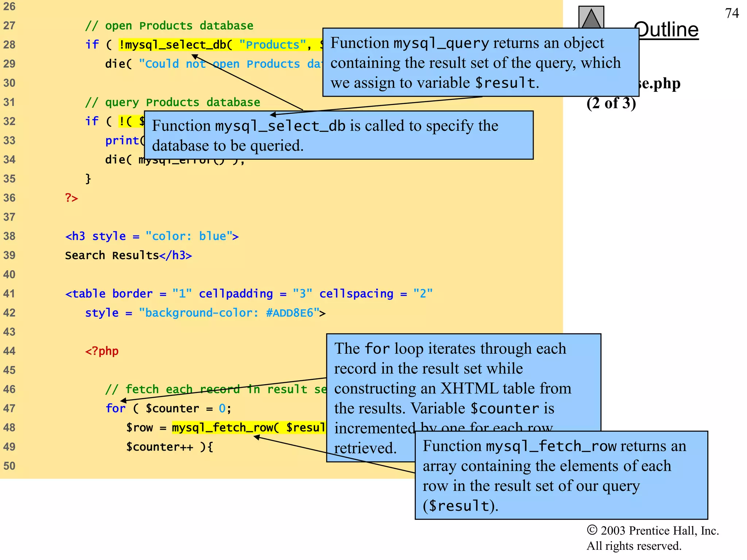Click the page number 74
[x=732, y=13]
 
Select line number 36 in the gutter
[x=9, y=198]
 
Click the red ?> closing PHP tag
[x=71, y=198]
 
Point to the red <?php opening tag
[x=102, y=351]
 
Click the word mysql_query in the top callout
[x=441, y=44]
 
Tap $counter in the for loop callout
[x=504, y=409]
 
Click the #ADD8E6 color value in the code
[x=290, y=313]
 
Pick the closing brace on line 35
[x=88, y=179]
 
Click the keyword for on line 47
[x=115, y=408]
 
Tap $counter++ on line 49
[x=159, y=447]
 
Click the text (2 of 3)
[x=611, y=104]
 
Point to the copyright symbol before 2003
[x=592, y=530]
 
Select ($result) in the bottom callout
[x=460, y=506]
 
